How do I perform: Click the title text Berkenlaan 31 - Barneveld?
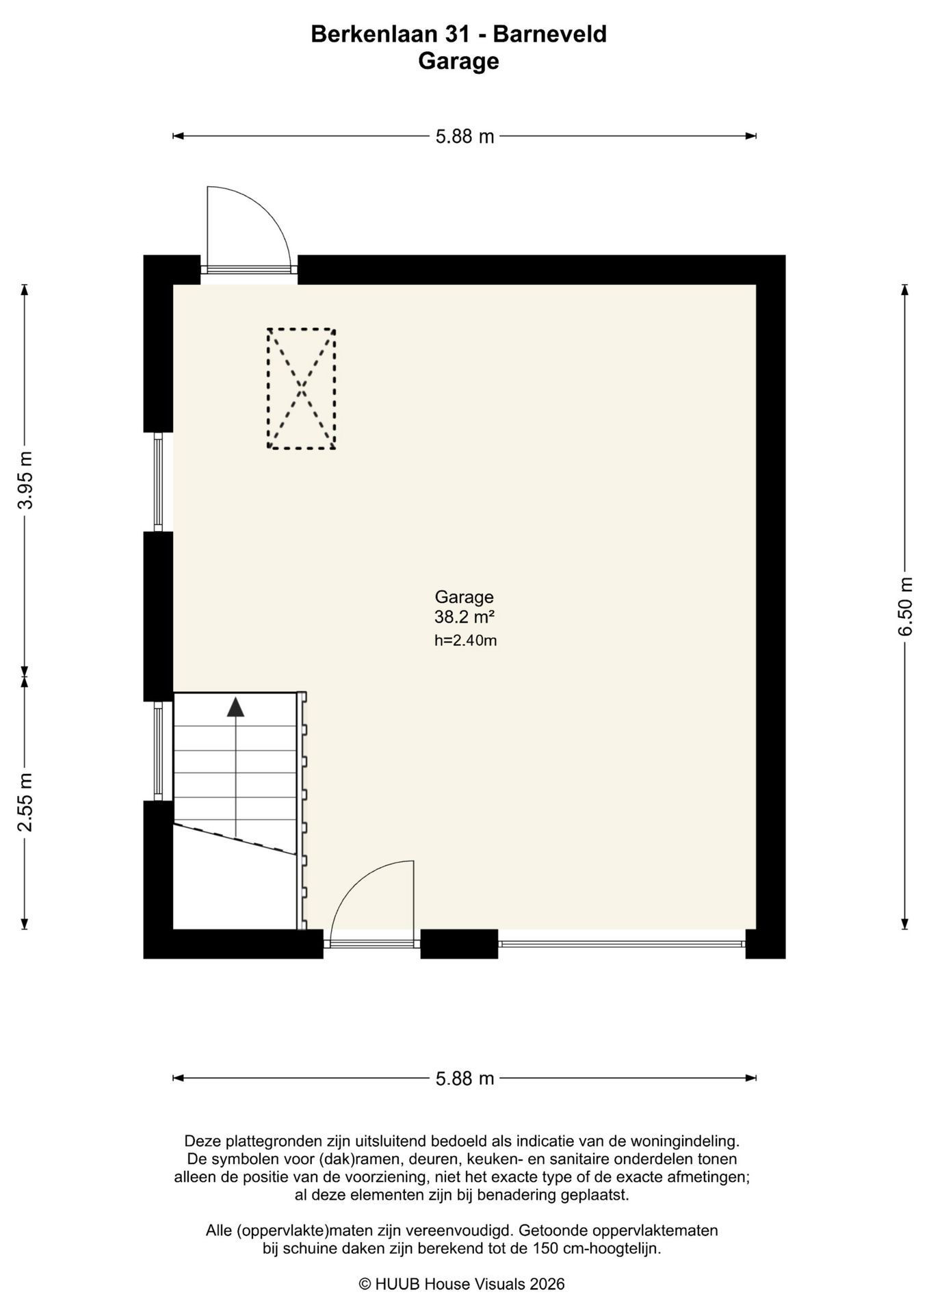tap(458, 34)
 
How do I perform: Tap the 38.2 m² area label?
tap(464, 617)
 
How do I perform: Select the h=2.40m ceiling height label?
tap(465, 641)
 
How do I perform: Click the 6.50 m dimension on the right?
tap(906, 606)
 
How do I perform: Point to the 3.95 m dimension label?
tap(25, 480)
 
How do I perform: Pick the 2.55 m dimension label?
tap(25, 802)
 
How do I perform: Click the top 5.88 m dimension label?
tap(464, 136)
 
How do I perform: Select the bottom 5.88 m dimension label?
tap(464, 1079)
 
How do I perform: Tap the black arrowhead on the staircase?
tap(235, 707)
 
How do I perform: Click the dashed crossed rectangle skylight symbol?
tap(301, 389)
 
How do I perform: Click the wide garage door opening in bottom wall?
tap(621, 944)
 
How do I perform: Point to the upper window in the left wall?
tap(158, 482)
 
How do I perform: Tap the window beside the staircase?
tap(158, 751)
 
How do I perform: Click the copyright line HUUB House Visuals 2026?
tap(462, 1284)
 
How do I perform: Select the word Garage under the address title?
tap(458, 62)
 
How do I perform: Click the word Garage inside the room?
tap(464, 597)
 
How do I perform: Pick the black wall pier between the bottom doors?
tap(458, 944)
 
